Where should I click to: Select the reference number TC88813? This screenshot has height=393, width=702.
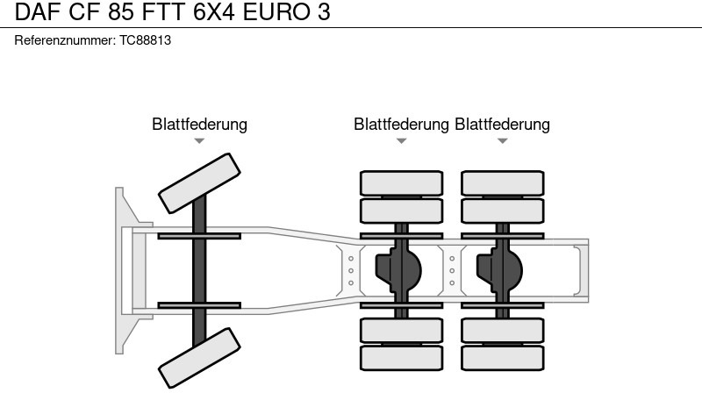pos(145,41)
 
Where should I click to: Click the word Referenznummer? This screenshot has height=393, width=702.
pos(65,41)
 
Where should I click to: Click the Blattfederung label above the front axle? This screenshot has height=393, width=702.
pos(199,125)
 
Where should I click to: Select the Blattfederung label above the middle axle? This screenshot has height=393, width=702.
pos(401,125)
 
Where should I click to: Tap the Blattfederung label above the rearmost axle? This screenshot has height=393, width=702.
pos(502,125)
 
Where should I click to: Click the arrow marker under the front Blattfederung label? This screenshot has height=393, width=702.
pos(199,140)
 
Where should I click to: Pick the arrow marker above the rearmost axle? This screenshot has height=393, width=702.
pos(502,140)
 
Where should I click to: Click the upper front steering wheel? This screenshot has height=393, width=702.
pos(199,181)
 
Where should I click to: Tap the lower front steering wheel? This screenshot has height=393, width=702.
pos(199,357)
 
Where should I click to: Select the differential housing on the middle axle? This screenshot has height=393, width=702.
pos(400,269)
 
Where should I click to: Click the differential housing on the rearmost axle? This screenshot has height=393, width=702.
pos(501,269)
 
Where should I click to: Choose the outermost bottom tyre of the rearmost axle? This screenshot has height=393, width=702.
pos(502,357)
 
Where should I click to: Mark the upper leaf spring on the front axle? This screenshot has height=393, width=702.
pos(199,235)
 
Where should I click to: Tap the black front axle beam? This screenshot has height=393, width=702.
pos(199,269)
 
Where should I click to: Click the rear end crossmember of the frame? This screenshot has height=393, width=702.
pos(582,269)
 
